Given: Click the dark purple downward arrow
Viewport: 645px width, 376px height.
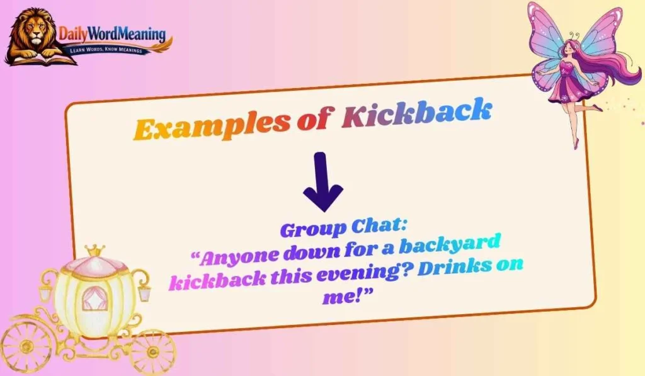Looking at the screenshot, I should [x=322, y=183].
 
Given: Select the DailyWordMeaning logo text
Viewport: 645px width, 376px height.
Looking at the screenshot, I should [x=112, y=33].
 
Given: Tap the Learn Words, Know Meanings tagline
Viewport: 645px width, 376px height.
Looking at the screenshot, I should [x=114, y=49].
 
